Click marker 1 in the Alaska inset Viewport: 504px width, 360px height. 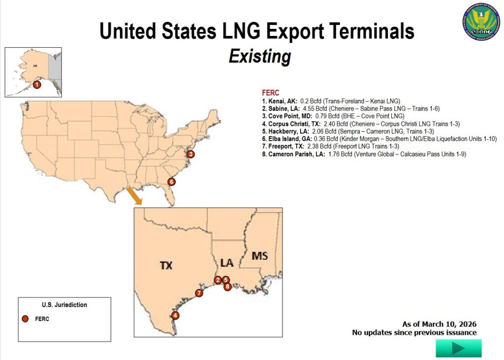(37, 85)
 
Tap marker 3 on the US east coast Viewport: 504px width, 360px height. (191, 154)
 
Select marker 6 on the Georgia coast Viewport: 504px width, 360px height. (171, 181)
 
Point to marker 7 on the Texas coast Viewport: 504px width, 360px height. (199, 293)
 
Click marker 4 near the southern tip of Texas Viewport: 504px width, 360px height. (175, 315)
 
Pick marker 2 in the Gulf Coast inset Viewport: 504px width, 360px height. (218, 280)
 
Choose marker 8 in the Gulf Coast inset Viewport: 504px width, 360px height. (227, 286)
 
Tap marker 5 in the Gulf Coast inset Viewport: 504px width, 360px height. (226, 280)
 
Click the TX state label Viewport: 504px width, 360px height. (166, 266)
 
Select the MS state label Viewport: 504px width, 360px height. (259, 256)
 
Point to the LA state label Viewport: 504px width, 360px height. (226, 263)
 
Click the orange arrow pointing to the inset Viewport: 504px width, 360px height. (134, 196)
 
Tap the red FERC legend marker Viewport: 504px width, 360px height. (25, 319)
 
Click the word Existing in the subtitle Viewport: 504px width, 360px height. (259, 56)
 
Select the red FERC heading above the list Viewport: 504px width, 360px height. (271, 92)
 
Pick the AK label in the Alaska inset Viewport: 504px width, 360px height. (35, 65)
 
